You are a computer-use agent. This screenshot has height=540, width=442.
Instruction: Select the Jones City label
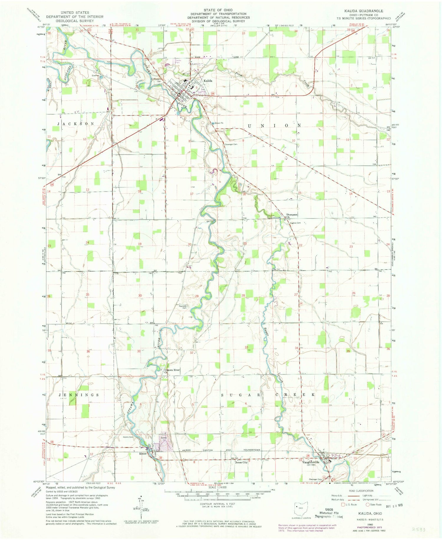[241, 462]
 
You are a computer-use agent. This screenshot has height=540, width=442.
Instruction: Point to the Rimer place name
[143, 454]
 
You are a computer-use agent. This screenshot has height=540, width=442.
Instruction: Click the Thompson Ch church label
[291, 216]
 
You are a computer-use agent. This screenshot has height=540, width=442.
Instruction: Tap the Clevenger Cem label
[231, 144]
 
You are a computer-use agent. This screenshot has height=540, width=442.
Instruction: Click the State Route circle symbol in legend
[368, 504]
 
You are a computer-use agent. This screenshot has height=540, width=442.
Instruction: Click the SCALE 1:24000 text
[217, 488]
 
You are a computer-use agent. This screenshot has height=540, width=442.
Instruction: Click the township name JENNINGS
[79, 394]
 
